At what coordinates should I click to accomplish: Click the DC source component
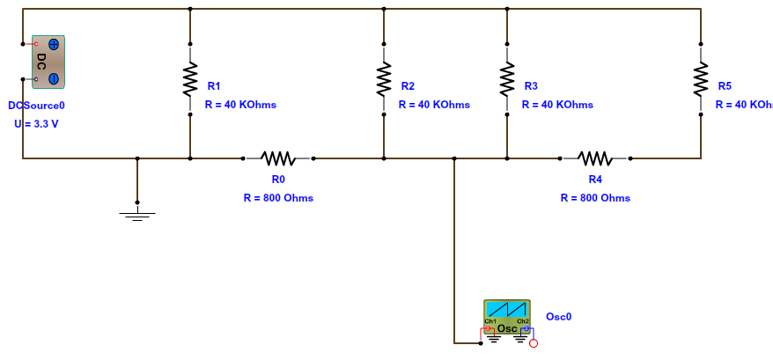click(49, 62)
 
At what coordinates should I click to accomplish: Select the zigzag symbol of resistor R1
click(190, 79)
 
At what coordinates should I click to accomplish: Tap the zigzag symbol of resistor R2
click(384, 79)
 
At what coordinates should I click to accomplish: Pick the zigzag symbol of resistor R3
click(507, 79)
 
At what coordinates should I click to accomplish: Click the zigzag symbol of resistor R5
click(701, 79)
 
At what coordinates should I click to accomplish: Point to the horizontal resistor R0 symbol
click(278, 158)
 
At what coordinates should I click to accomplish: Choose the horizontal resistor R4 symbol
click(595, 158)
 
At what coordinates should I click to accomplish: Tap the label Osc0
click(559, 317)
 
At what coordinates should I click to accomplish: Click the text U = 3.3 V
click(36, 124)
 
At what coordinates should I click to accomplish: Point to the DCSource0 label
click(36, 106)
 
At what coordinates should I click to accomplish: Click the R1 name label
click(214, 86)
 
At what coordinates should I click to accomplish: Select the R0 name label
click(278, 180)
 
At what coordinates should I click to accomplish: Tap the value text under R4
click(595, 198)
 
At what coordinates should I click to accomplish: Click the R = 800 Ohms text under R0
click(278, 198)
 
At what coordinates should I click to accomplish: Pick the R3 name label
click(531, 86)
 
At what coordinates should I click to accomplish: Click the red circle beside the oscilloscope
click(534, 343)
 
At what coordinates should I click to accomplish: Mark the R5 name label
click(725, 86)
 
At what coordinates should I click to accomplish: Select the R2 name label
click(408, 86)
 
